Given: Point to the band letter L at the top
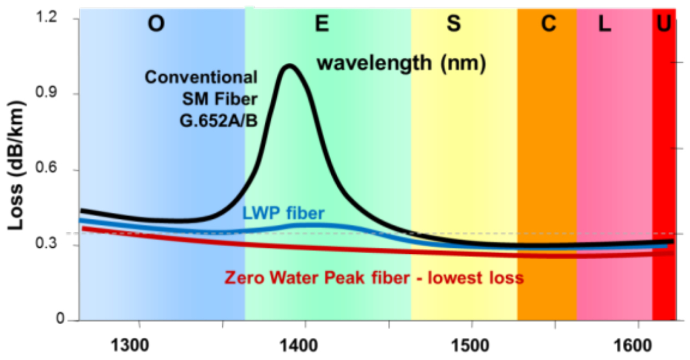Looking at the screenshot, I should coord(605,25).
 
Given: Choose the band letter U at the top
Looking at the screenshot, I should coord(665,25).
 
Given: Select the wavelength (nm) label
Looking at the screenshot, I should coord(401,63).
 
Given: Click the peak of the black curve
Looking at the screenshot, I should coord(288,66).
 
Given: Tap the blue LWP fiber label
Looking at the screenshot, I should coord(282,212).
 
